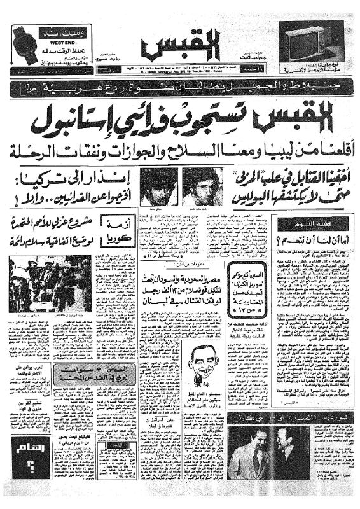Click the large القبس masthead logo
pyautogui.click(x=179, y=46)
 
